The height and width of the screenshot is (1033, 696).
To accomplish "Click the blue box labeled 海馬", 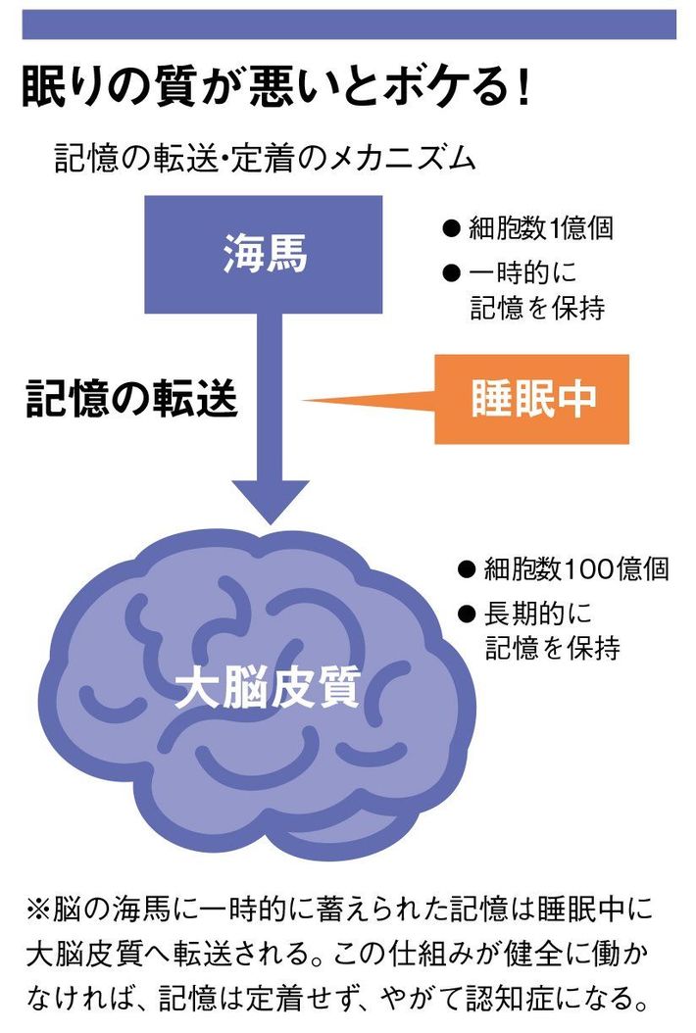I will click(265, 255).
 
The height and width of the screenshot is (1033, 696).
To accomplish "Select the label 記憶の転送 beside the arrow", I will click(131, 400).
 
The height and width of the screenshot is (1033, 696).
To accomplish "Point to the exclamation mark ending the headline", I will click(521, 87).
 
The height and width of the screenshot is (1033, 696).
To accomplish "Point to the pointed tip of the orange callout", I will click(306, 401).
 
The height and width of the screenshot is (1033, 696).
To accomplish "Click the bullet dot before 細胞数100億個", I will click(467, 569).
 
